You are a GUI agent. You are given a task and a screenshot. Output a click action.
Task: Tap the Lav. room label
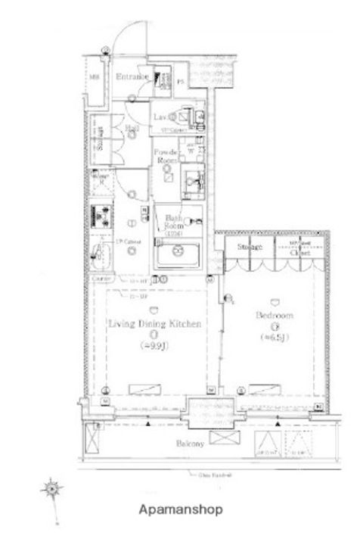tap(160, 117)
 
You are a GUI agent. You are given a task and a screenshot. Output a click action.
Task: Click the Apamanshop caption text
tap(179, 509)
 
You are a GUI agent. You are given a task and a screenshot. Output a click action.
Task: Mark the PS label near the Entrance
tap(182, 82)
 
